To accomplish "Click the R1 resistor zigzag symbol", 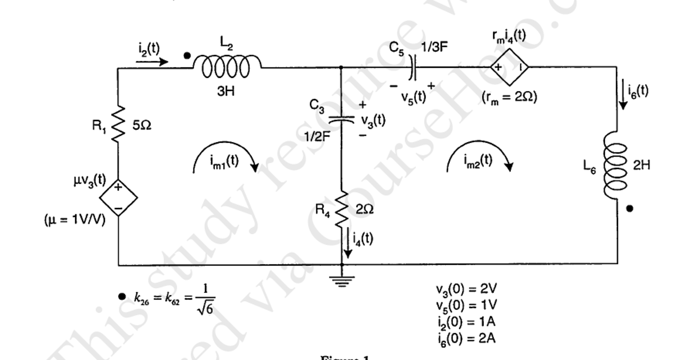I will tap(118, 124).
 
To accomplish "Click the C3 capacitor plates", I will tap(341, 119).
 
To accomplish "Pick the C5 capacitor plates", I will tap(413, 67).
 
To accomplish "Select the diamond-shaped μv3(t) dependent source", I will tap(118, 198).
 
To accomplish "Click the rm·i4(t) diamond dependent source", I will tap(509, 67).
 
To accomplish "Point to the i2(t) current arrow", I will tap(152, 62).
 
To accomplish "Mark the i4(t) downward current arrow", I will tap(347, 242).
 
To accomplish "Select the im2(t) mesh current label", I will tap(478, 160).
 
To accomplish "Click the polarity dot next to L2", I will tap(187, 56).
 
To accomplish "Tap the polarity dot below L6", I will tap(630, 208).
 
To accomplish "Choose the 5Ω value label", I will tap(142, 126).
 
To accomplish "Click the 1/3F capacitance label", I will tap(434, 47).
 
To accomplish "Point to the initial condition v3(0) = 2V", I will tap(466, 289).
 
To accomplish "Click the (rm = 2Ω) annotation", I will tap(509, 98).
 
